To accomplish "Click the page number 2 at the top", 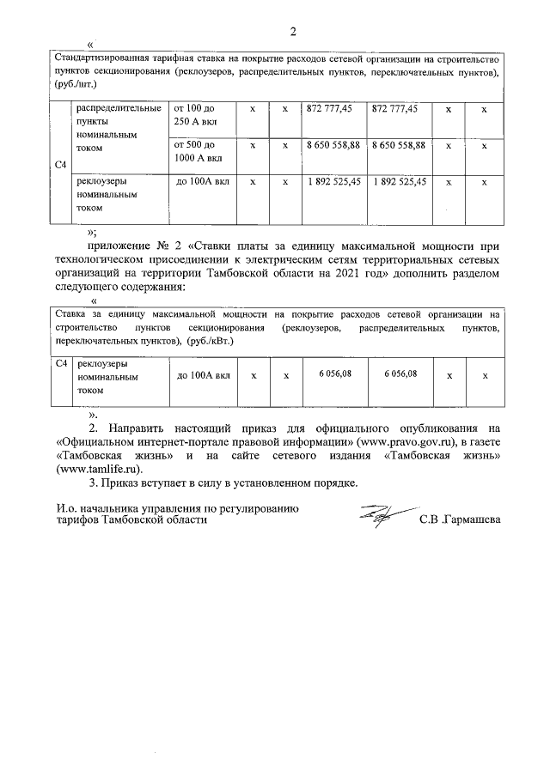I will (292, 33).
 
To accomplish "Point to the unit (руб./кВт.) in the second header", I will (210, 341).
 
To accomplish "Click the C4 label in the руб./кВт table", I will (60, 364).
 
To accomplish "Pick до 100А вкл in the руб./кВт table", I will (203, 375).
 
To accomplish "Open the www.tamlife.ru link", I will (96, 470).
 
